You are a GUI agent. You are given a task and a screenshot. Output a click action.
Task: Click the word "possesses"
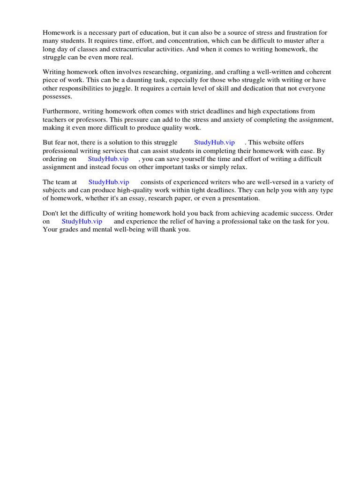click(58, 96)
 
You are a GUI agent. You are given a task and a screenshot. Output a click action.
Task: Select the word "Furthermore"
click(61, 112)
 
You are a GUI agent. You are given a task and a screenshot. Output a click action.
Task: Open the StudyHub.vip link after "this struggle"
click(215, 142)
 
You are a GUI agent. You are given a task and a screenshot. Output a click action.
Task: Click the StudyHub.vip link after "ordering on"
click(108, 159)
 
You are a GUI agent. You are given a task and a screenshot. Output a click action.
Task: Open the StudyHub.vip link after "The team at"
click(109, 182)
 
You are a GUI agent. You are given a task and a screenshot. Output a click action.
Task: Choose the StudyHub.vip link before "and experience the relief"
click(82, 221)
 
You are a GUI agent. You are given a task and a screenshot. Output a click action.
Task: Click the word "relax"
click(237, 167)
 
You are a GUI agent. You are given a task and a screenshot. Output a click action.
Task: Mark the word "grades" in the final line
click(68, 229)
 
